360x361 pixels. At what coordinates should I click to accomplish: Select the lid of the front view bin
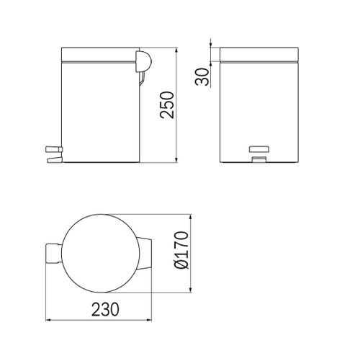[x=258, y=55]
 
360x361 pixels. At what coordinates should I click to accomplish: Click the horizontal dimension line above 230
[x=101, y=320]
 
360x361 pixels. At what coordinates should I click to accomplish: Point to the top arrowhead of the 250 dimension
[x=177, y=51]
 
